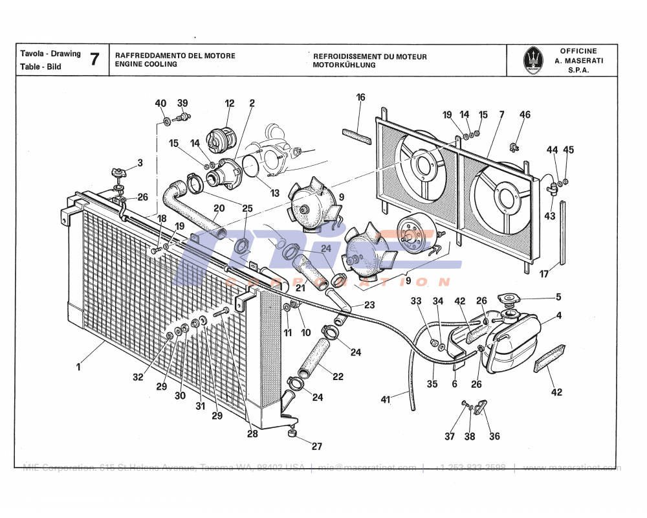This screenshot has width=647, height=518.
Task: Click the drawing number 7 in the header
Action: click(x=94, y=60)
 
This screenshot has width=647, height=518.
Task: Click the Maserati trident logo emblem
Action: click(x=532, y=60)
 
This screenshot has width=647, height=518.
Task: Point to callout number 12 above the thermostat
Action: click(x=230, y=103)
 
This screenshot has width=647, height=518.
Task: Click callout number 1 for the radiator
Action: click(x=78, y=367)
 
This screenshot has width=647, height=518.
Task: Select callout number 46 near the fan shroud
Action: click(x=525, y=115)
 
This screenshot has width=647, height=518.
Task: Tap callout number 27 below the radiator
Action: click(x=316, y=447)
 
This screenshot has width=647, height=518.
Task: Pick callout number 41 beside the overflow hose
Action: click(x=386, y=400)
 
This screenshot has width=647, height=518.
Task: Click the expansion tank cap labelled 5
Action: click(x=509, y=301)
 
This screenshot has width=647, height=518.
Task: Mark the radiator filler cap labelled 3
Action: click(x=118, y=174)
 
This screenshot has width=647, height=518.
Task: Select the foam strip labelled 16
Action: click(x=356, y=134)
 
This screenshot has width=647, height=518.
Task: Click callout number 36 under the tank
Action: click(x=494, y=436)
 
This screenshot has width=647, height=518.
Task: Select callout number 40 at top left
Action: click(x=160, y=104)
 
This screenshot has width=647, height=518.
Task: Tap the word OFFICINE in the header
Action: click(x=578, y=51)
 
